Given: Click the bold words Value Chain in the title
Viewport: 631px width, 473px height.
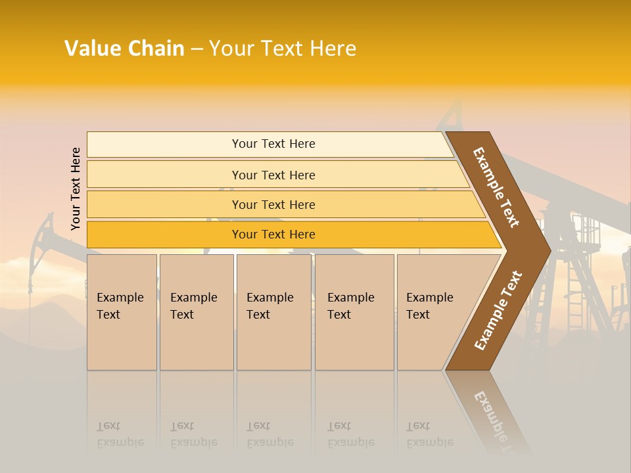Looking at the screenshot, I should coord(124,49).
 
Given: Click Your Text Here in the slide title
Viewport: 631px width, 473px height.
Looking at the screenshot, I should coord(283,49).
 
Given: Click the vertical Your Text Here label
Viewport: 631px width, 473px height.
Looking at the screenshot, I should coord(76,189).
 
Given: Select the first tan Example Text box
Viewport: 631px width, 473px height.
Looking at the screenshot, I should coord(122,312).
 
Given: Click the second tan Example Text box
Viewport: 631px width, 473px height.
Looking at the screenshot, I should coord(196,312).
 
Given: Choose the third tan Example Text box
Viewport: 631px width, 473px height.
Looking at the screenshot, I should coord(273,312).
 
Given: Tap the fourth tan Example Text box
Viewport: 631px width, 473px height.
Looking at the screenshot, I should coord(354,312).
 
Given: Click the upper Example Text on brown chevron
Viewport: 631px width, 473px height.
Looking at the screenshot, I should coord(496,187).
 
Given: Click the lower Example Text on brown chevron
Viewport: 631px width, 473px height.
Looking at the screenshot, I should coord(498,310).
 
